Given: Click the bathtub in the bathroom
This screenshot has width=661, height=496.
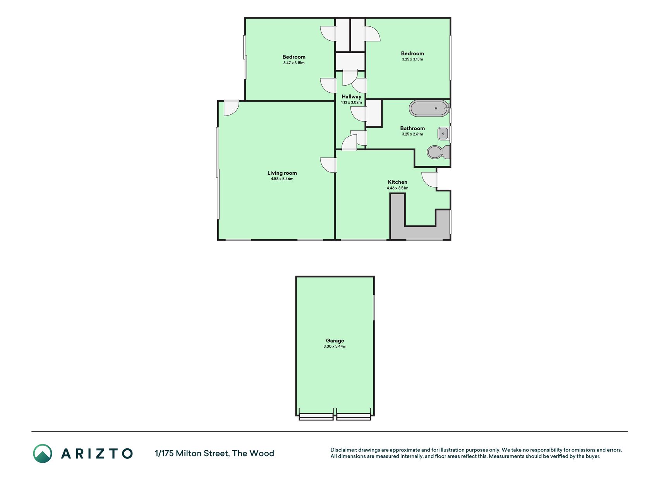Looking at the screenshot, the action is tap(429, 108).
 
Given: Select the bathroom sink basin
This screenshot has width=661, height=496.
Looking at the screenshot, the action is tap(443, 133).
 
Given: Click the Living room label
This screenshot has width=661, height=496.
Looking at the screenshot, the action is tap(282, 173).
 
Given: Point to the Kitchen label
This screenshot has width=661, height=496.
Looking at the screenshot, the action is tap(397, 182).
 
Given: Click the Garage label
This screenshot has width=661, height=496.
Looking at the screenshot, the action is tap(335, 341).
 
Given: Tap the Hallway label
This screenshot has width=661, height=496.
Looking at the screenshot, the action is tap(351, 97).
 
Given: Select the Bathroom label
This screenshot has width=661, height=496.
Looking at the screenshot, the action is tap(412, 128).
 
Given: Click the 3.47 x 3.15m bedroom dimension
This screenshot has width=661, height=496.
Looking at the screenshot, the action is tap(294, 63).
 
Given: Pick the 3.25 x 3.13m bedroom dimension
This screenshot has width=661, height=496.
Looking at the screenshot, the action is tap(412, 59).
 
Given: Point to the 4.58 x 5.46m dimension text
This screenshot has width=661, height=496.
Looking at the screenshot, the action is tap(282, 179).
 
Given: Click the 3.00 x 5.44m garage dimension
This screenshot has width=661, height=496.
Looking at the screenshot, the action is tap(335, 346).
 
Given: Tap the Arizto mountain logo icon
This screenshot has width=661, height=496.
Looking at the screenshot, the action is tap(42, 453).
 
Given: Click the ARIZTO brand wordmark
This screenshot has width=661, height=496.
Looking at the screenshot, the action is tap(97, 453).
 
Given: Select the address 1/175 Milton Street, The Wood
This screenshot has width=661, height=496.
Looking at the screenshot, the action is tap(215, 453).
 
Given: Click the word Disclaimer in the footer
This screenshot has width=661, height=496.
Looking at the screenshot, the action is tap(343, 450).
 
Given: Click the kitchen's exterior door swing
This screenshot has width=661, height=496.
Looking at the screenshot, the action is tap(429, 180).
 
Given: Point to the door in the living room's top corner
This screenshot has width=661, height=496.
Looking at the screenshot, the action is tap(232, 108).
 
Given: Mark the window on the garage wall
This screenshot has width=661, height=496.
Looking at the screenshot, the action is tap(374, 308).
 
